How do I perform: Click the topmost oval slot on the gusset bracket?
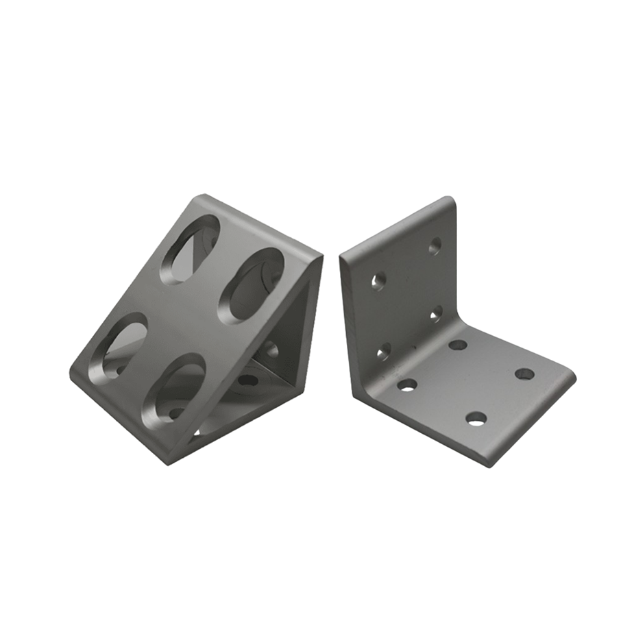(190, 249)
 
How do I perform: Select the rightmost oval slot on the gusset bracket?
(251, 285)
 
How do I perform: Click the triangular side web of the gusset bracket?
(288, 343)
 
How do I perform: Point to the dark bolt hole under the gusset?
(247, 380)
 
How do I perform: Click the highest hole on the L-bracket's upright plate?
(435, 245)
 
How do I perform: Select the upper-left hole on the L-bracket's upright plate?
(378, 280)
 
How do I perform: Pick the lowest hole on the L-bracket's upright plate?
(384, 352)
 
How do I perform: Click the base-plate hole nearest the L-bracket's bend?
(458, 345)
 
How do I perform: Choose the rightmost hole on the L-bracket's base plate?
(524, 374)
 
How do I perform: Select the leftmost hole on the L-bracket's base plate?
(406, 385)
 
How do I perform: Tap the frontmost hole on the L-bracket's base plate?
(476, 418)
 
